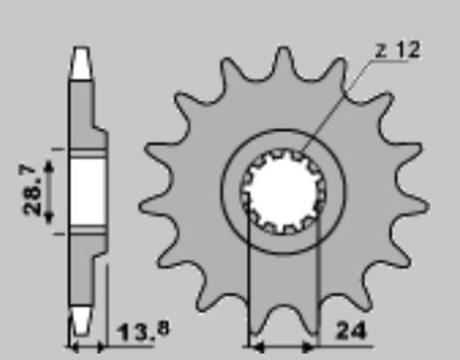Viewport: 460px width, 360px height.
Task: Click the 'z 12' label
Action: click(396, 51)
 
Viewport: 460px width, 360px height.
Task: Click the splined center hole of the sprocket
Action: click(282, 190)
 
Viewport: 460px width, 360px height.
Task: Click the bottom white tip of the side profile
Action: click(81, 320)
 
